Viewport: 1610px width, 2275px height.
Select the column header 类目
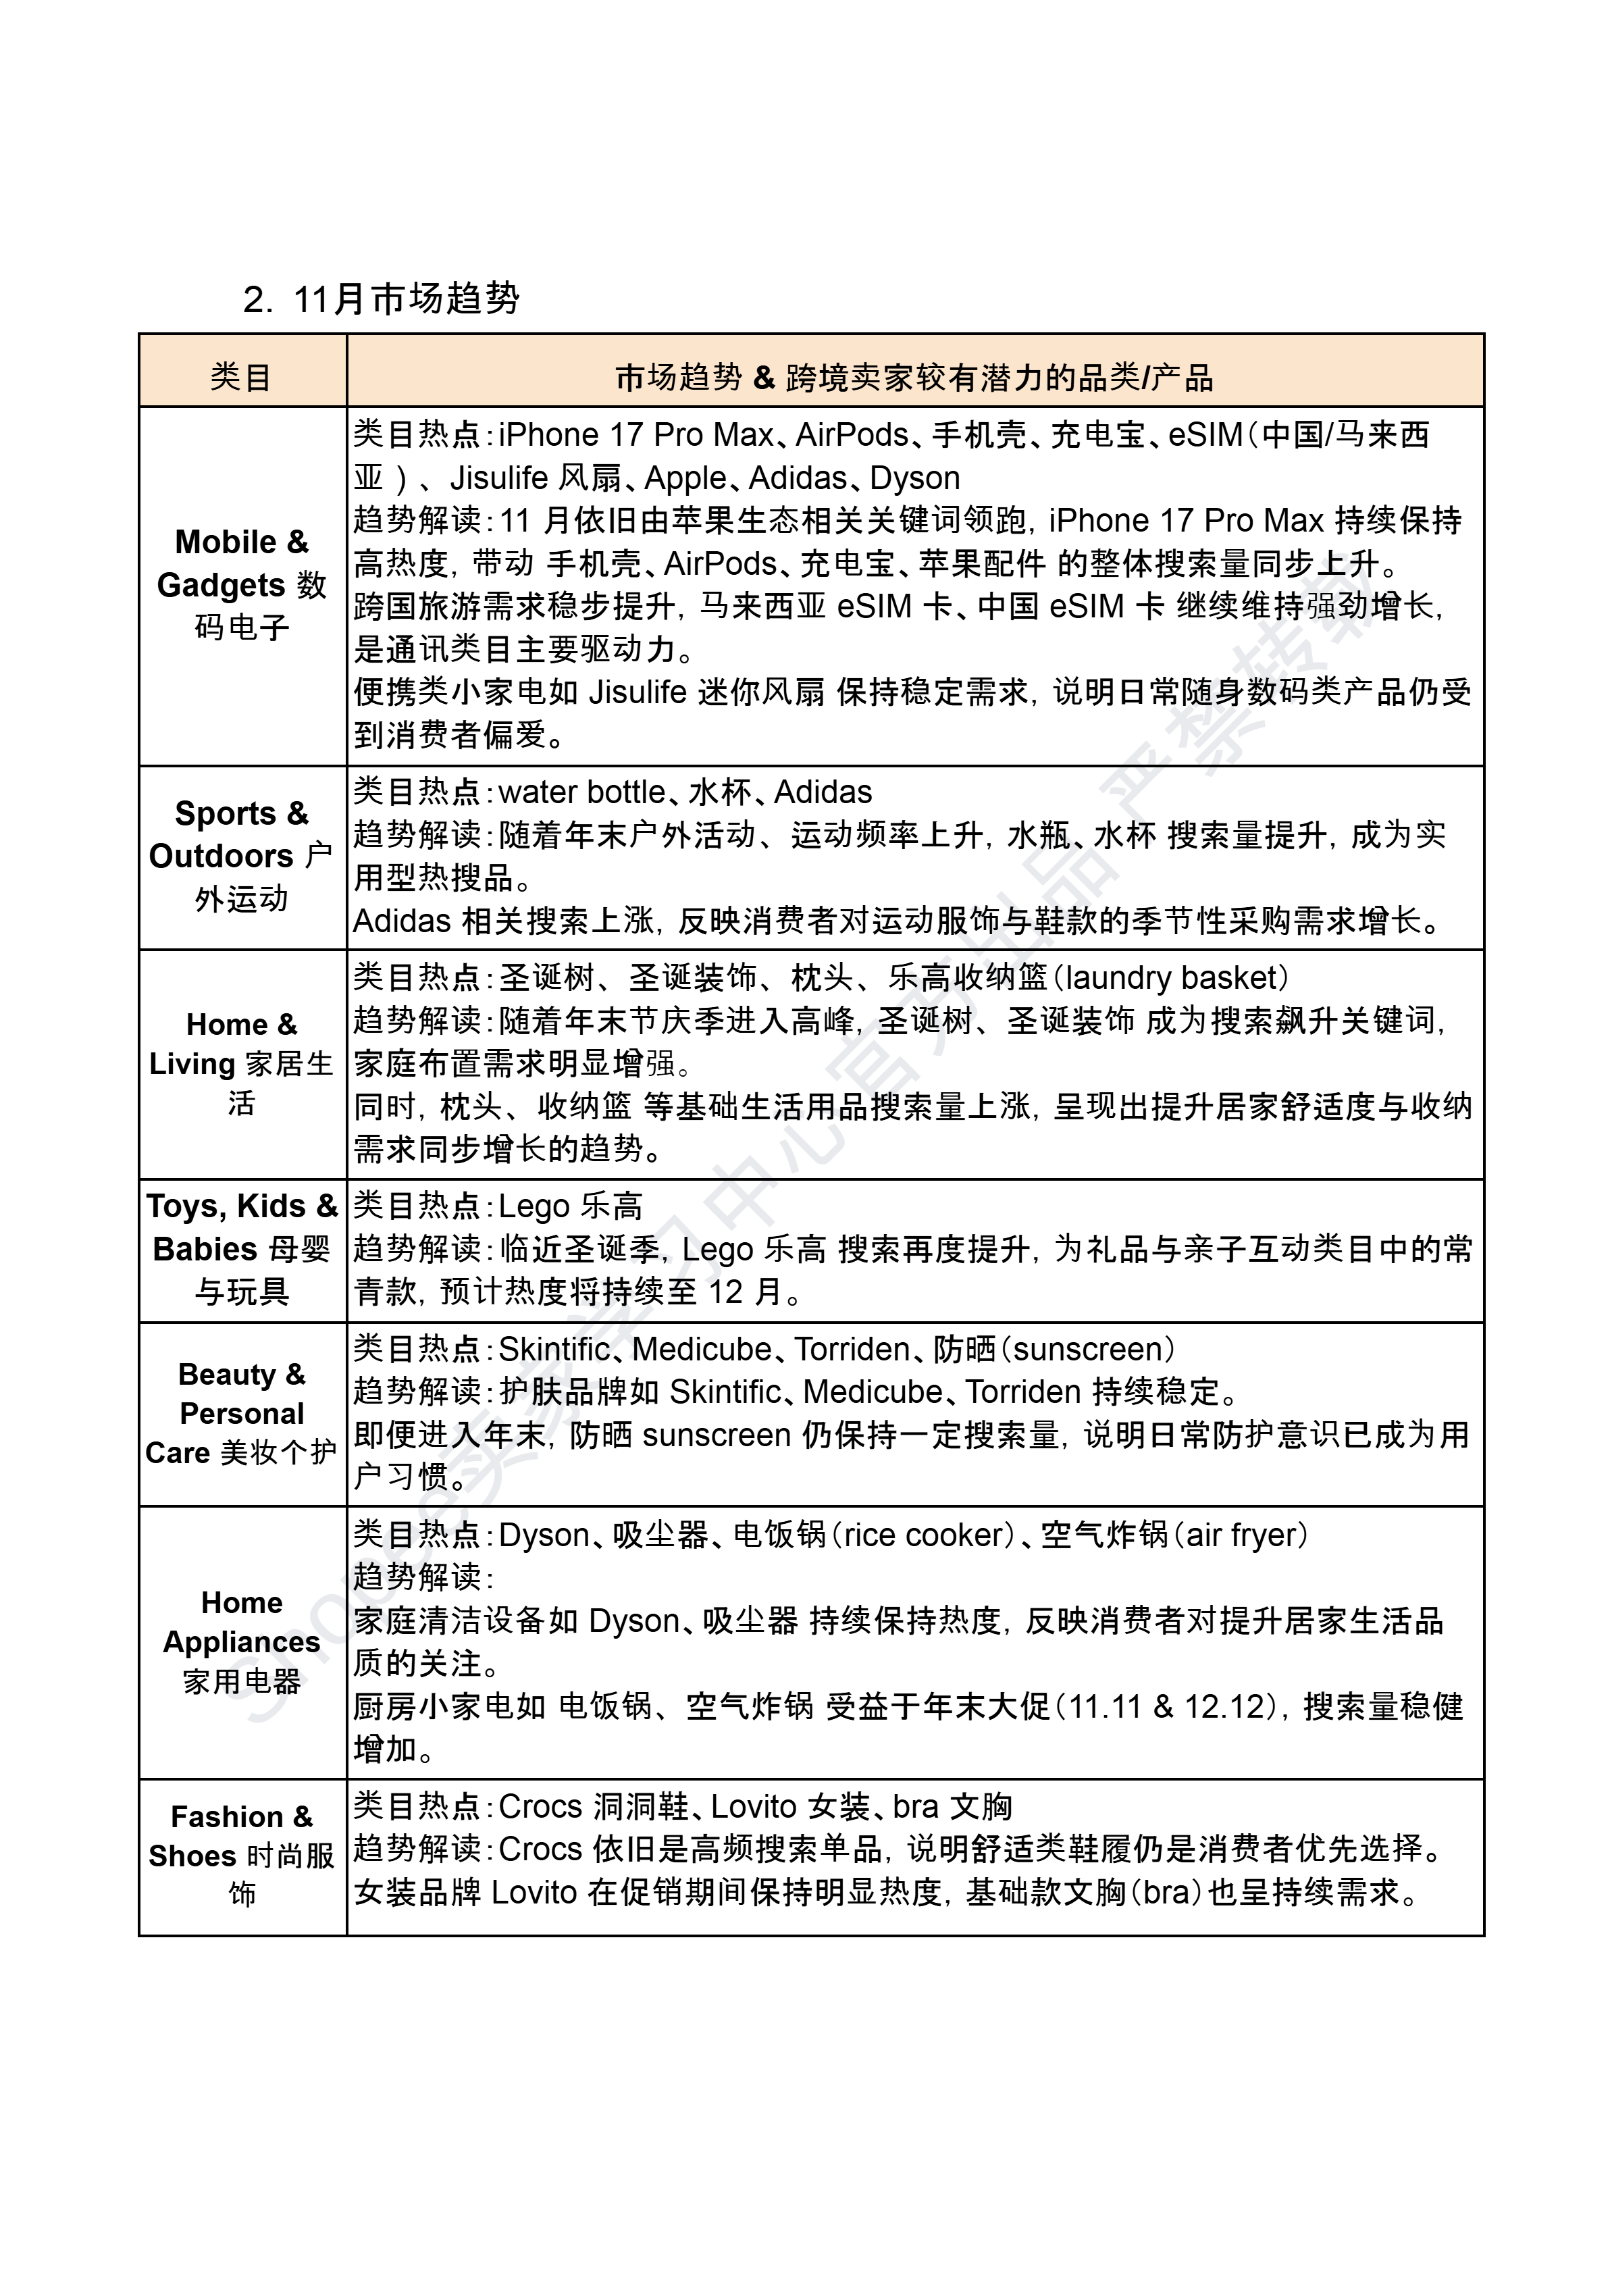[241, 378]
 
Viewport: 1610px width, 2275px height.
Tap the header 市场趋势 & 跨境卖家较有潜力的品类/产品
[913, 378]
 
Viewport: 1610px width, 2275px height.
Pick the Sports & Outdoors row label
[241, 855]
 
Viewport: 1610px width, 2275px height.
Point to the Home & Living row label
[241, 1063]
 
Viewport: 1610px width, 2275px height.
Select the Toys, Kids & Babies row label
[241, 1248]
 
